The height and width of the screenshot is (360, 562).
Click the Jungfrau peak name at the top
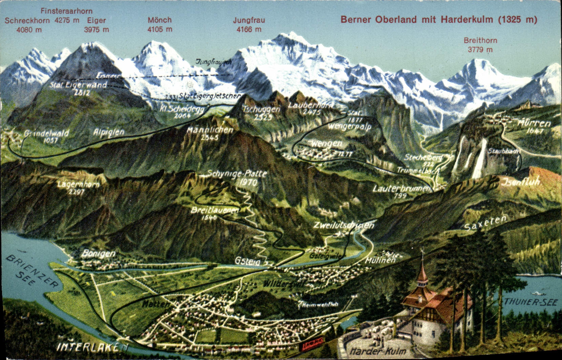tap(249, 20)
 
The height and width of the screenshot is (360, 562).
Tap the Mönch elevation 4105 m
tap(160, 29)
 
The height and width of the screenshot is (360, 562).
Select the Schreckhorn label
tap(27, 21)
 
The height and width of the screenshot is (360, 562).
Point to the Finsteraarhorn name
tap(66, 11)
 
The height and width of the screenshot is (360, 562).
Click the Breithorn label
tap(480, 41)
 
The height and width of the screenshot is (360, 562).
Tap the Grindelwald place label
tap(46, 133)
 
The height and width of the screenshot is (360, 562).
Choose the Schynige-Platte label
tap(237, 174)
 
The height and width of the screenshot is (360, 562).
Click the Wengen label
tap(326, 144)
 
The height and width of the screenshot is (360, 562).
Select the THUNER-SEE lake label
tap(530, 302)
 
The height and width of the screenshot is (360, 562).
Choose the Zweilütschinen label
tap(344, 225)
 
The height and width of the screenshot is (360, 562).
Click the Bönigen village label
tap(98, 254)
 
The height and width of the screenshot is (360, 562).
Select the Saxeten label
tap(485, 223)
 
